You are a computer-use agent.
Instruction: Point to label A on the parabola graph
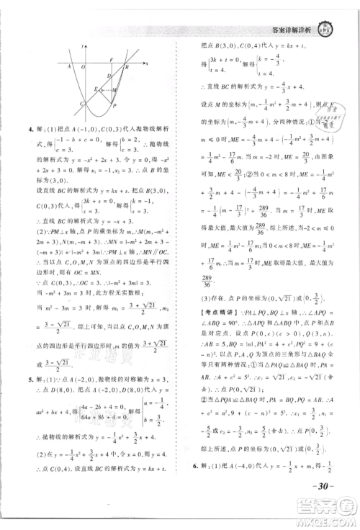[68, 66]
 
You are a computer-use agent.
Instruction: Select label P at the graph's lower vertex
[115, 105]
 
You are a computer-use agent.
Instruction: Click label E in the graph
[95, 86]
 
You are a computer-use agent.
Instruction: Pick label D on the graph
[107, 76]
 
